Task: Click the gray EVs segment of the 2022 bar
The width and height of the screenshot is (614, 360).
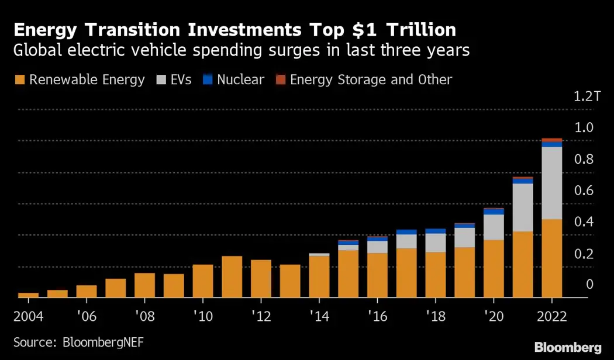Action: (x=551, y=183)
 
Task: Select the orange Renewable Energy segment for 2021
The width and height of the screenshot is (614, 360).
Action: (x=522, y=264)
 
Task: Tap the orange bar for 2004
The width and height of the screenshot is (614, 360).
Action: (x=28, y=295)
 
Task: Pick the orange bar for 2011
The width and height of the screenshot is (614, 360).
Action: (x=232, y=276)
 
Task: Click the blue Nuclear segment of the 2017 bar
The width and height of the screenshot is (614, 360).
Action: (x=406, y=232)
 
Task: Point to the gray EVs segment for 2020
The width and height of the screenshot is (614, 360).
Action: (x=494, y=227)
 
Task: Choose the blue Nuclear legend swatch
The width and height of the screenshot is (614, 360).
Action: (x=207, y=79)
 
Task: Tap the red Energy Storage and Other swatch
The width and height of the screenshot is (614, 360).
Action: (x=280, y=79)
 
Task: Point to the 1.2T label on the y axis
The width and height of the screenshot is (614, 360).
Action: (x=587, y=96)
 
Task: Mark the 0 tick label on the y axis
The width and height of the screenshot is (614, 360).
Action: (x=589, y=285)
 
